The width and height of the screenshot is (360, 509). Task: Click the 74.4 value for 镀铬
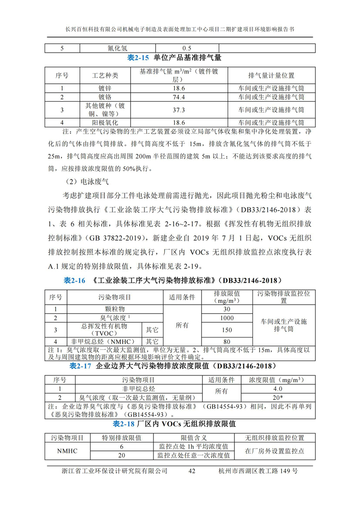click(x=179, y=97)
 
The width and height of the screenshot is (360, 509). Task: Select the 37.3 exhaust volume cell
click(x=179, y=109)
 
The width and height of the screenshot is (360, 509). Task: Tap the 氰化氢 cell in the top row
click(x=118, y=48)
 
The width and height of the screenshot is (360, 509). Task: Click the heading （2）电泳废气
click(x=85, y=182)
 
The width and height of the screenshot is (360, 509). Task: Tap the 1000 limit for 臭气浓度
click(x=227, y=318)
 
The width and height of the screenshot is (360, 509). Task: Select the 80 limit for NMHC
click(x=227, y=342)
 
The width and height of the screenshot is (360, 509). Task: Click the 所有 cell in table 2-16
click(x=182, y=325)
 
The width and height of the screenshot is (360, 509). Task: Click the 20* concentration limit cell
click(x=278, y=397)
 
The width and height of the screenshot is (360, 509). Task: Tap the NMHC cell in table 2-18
click(x=67, y=451)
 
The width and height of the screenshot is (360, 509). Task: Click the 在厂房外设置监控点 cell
click(x=274, y=451)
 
